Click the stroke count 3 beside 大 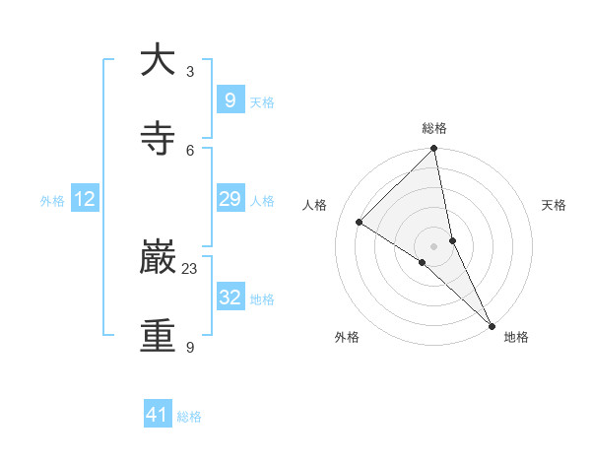pyautogui.click(x=190, y=71)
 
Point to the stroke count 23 pyautogui.click(x=190, y=268)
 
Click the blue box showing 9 pyautogui.click(x=230, y=99)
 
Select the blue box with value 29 pyautogui.click(x=230, y=199)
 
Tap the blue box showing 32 pyautogui.click(x=230, y=298)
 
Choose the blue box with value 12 pyautogui.click(x=85, y=199)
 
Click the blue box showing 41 pyautogui.click(x=158, y=415)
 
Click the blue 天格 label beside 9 pyautogui.click(x=262, y=102)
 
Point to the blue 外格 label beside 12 pyautogui.click(x=52, y=201)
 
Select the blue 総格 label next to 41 pyautogui.click(x=189, y=417)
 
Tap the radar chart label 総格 pyautogui.click(x=434, y=128)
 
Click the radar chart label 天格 pyautogui.click(x=555, y=205)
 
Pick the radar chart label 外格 pyautogui.click(x=347, y=337)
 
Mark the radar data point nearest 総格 pyautogui.click(x=434, y=149)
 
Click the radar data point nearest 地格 pyautogui.click(x=492, y=324)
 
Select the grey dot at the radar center pyautogui.click(x=434, y=245)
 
